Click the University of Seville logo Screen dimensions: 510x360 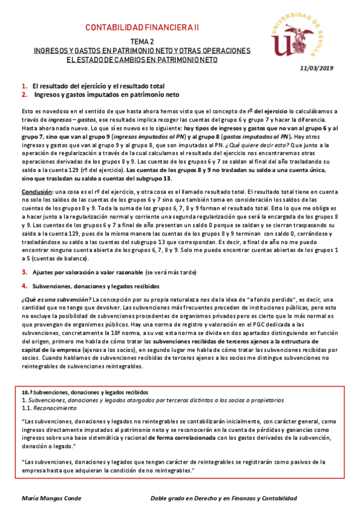click(x=303, y=35)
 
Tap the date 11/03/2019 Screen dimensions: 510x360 click(x=316, y=69)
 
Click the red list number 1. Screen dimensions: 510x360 click(x=23, y=86)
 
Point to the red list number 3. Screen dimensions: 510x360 click(x=23, y=272)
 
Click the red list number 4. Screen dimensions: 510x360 click(x=23, y=286)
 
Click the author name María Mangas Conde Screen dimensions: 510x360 click(x=51, y=499)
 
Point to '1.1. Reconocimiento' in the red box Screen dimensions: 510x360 click(x=44, y=408)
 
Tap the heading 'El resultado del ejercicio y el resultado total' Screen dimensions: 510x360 click(x=99, y=86)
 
